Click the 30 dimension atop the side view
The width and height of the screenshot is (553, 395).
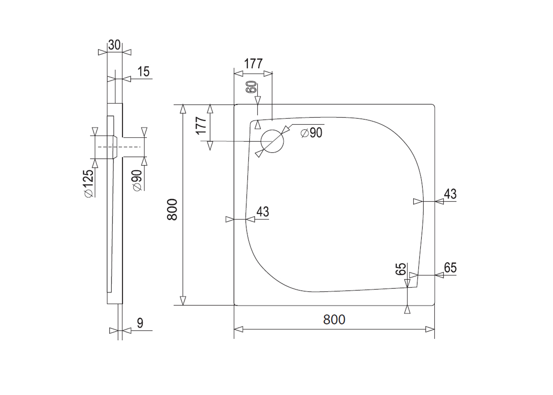(114, 45)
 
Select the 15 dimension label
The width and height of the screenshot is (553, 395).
(143, 71)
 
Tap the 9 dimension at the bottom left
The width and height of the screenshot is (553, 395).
(140, 323)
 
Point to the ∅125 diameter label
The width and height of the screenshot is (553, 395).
(89, 183)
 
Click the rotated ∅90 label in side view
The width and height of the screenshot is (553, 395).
(137, 181)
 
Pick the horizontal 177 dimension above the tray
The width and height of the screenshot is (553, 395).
(254, 64)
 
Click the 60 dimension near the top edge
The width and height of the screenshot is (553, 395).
(251, 87)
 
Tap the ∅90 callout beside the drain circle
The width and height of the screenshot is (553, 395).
(311, 133)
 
